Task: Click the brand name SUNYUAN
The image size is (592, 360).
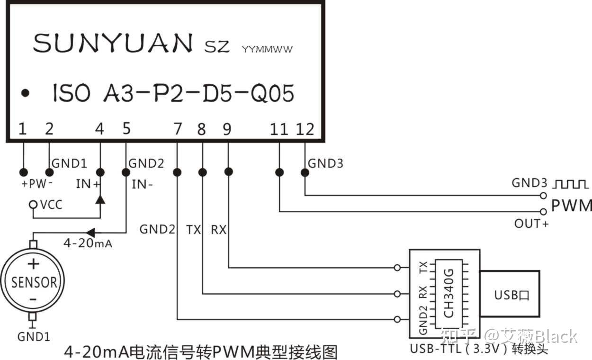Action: coord(113,43)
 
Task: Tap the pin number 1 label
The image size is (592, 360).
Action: coord(22,129)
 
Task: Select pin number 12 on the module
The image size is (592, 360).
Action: coord(305,129)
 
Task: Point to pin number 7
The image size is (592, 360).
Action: coord(178,129)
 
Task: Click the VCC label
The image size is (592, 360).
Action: coord(51,205)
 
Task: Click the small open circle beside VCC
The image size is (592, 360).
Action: coord(33,205)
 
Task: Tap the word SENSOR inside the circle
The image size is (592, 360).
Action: coord(34,282)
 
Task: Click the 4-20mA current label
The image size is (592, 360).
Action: coord(88,244)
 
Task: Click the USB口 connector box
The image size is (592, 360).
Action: coord(511,295)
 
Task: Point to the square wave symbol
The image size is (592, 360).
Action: coord(571,183)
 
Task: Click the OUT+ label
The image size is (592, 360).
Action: coord(531,223)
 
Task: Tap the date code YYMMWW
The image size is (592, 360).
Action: coord(267,49)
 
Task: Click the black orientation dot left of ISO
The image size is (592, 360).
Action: coord(26,93)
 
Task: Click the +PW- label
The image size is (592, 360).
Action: coord(36,184)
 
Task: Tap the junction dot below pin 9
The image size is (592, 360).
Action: coord(228,172)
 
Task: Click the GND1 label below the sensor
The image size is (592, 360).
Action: coord(34,337)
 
